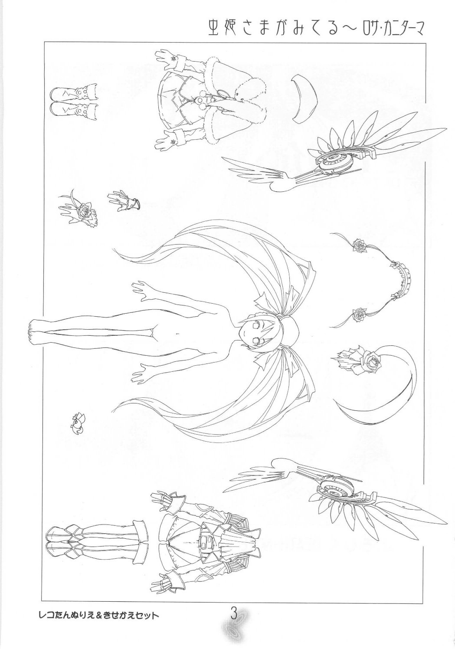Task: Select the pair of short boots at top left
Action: pos(73,101)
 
